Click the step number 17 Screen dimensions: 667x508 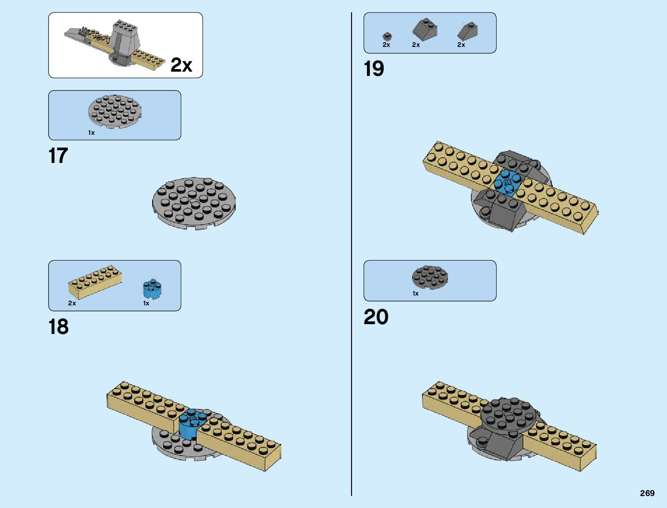click(58, 156)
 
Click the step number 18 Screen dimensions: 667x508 click(58, 327)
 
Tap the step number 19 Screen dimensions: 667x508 click(374, 69)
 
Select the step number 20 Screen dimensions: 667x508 click(376, 317)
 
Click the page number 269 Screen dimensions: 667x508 click(647, 493)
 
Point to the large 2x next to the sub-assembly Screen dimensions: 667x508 click(181, 65)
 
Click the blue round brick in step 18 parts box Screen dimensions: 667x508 click(152, 289)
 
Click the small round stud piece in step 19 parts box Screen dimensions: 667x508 click(387, 37)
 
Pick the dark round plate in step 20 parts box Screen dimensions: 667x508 click(430, 277)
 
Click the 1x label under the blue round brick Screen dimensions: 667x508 click(146, 303)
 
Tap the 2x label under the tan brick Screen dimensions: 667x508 click(72, 303)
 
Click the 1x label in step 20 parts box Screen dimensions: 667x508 click(416, 293)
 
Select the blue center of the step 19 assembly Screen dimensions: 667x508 click(507, 183)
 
